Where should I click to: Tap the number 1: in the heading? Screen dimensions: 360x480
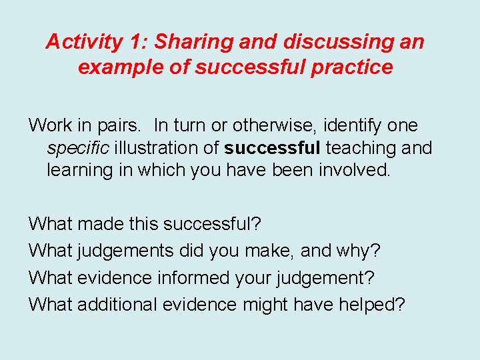tap(139, 42)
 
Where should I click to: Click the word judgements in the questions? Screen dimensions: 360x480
tap(126, 251)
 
